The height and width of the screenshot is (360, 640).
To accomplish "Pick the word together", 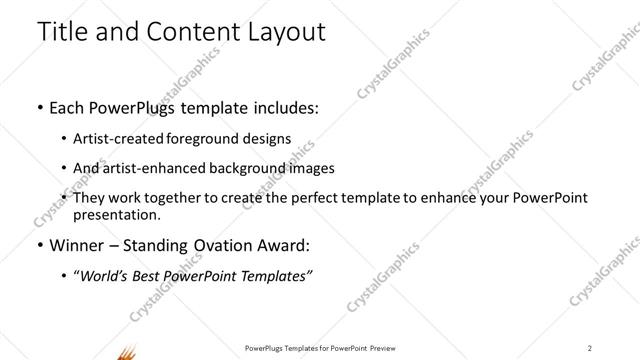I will click(x=174, y=198).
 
